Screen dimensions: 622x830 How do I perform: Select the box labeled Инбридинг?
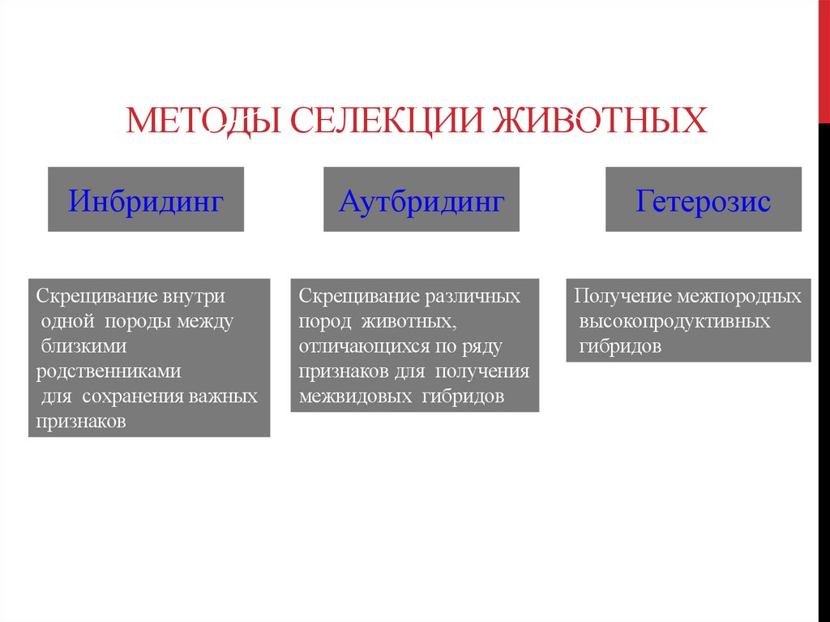coord(146,200)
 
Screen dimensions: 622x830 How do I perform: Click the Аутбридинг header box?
coord(421,200)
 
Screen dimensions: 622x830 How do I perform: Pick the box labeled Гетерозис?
coord(703,200)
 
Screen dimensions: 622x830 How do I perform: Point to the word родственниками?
coord(109,371)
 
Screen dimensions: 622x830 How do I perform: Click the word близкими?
coord(83,346)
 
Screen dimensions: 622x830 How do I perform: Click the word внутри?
coord(194,296)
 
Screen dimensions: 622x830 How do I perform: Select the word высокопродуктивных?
coord(675,321)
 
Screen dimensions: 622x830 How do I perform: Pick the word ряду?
coord(483,346)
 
